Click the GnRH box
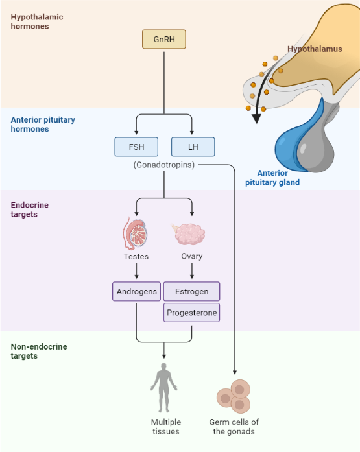coord(163,40)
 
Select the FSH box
coord(136,147)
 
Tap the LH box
coord(193,147)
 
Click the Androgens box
coord(136,292)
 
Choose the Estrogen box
coord(192,292)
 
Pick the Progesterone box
coord(192,313)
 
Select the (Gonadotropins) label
coord(164,165)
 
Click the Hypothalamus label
coord(314,49)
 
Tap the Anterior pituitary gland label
coord(272,178)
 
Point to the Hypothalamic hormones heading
coord(37,21)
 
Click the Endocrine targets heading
coord(29,209)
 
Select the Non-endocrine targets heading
coord(39,351)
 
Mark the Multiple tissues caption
coord(165,427)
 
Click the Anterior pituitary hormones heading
coord(43,125)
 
